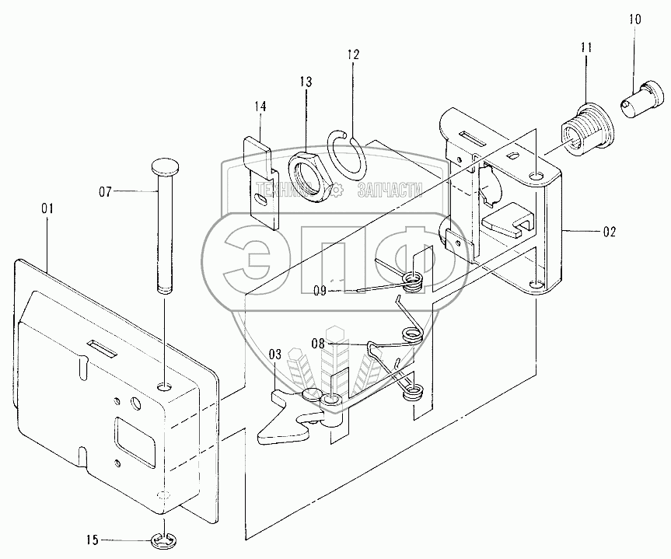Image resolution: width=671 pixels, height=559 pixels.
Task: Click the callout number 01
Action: click(47, 208)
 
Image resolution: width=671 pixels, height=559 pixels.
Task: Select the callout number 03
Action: click(274, 355)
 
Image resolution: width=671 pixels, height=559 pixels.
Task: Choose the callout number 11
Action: click(585, 48)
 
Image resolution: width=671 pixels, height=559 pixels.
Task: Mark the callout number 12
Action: click(354, 55)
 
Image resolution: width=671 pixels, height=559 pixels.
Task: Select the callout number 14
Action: click(260, 107)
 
